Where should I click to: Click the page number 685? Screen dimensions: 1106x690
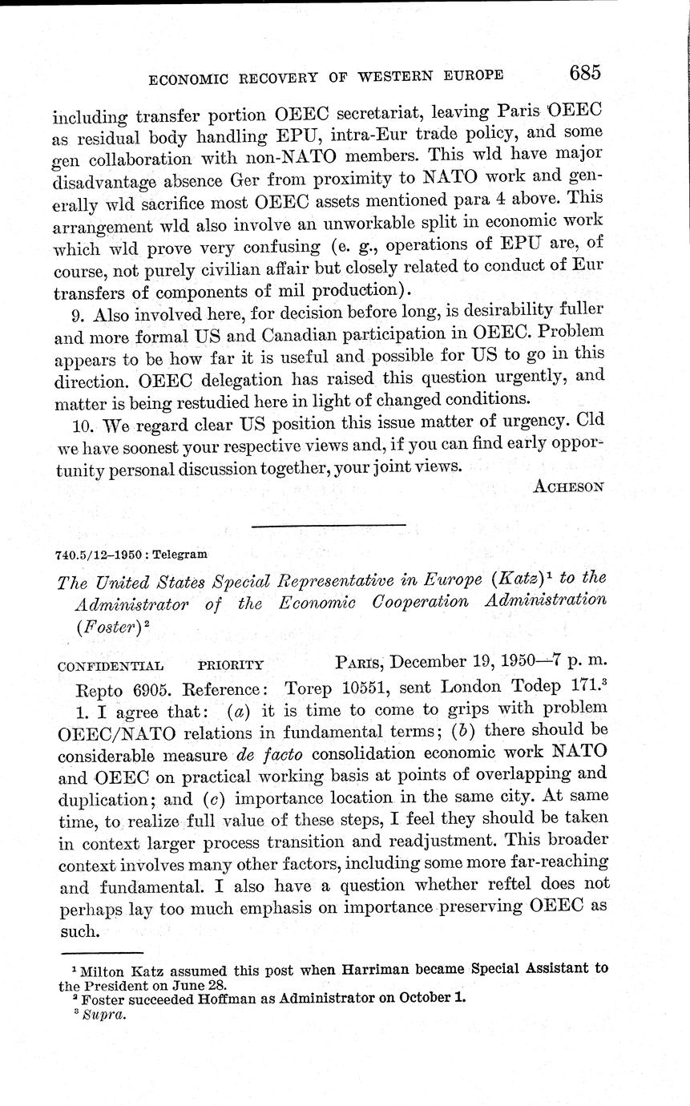click(584, 74)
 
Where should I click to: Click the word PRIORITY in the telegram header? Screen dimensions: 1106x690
click(231, 665)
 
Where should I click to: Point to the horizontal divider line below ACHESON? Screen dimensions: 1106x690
click(329, 525)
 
